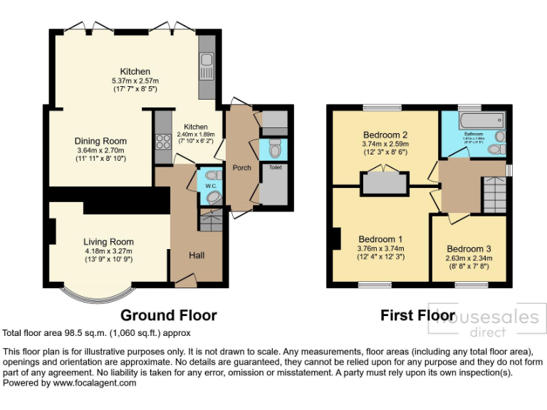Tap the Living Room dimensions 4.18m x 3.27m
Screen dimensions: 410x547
tap(108, 251)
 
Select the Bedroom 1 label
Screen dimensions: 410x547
tap(380, 238)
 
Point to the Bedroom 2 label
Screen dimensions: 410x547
tap(385, 135)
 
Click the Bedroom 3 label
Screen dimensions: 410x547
tap(468, 249)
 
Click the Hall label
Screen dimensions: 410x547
tap(197, 255)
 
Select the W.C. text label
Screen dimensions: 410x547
tap(211, 186)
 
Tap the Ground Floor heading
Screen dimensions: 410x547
tap(168, 315)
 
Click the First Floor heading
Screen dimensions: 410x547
tap(417, 315)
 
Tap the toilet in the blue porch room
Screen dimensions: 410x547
tap(275, 149)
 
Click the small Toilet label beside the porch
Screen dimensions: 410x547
tap(275, 168)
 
